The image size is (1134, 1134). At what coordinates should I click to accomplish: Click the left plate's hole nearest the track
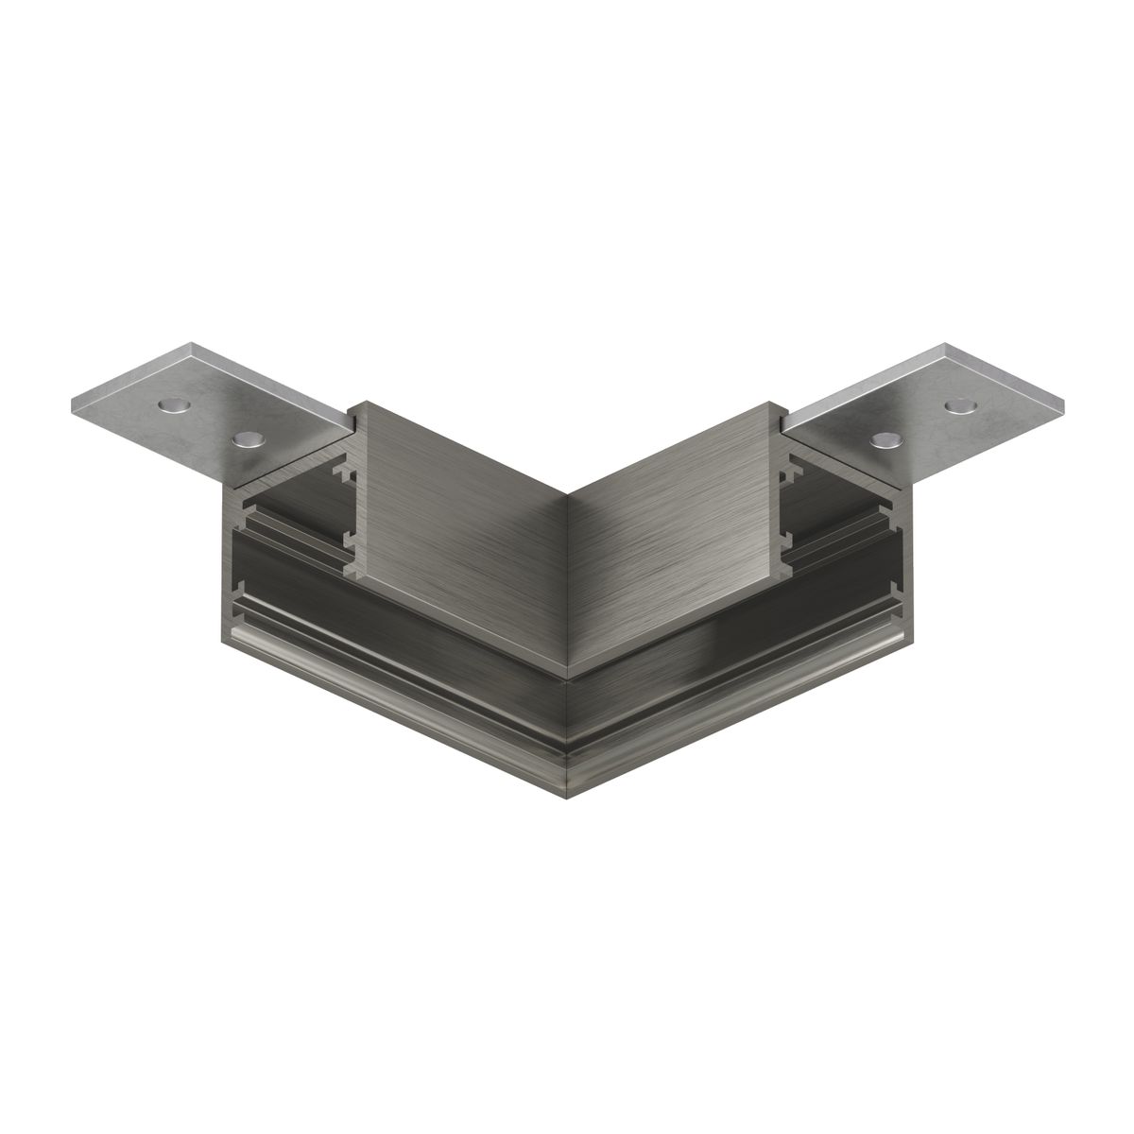[x=247, y=438]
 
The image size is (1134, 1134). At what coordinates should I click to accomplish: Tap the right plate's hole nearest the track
[x=886, y=439]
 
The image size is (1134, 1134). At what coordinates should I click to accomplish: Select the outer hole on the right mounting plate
[x=959, y=405]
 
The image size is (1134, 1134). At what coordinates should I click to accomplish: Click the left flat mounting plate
[x=208, y=416]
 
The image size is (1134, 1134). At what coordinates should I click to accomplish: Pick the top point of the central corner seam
[x=567, y=493]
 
